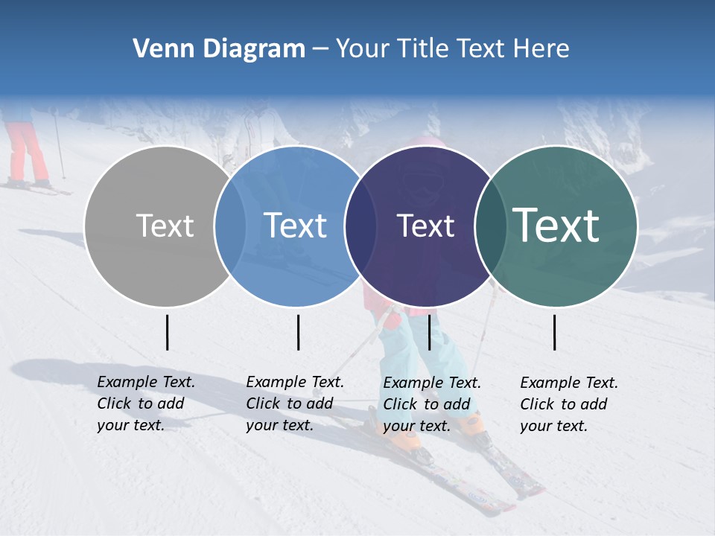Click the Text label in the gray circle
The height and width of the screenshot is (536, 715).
tap(165, 226)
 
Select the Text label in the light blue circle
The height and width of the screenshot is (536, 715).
tap(295, 226)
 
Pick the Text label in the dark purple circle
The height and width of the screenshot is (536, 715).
tap(425, 226)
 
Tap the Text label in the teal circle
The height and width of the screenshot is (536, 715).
tap(556, 226)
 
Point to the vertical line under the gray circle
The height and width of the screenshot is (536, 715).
tap(168, 332)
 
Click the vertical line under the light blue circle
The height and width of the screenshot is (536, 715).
tap(298, 332)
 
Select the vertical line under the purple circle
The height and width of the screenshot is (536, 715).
tap(429, 332)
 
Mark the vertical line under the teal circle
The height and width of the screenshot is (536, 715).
tap(555, 332)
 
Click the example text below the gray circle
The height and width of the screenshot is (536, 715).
tap(146, 403)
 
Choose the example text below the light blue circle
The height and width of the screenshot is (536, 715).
tap(295, 403)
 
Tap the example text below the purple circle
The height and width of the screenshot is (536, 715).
tap(432, 404)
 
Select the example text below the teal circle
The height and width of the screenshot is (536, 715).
tap(569, 404)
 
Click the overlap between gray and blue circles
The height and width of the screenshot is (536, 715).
tap(230, 226)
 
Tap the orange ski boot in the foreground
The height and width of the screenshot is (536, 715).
tap(407, 439)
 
